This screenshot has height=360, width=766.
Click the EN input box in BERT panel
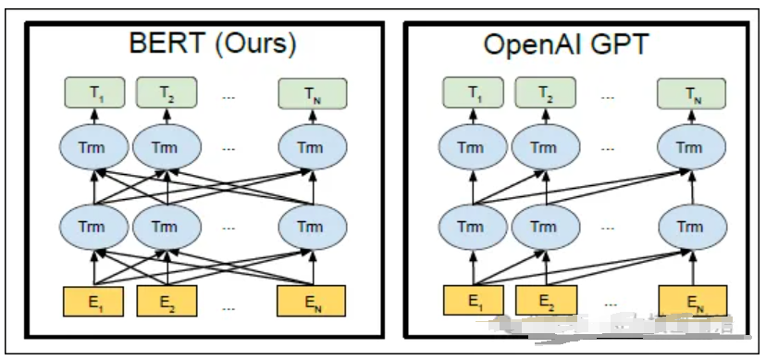[312, 301]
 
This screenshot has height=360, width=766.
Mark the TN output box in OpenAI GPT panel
[689, 93]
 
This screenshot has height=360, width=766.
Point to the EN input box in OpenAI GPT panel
[690, 301]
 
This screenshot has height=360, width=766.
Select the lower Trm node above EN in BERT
[312, 227]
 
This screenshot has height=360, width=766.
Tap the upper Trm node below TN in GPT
[689, 147]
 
